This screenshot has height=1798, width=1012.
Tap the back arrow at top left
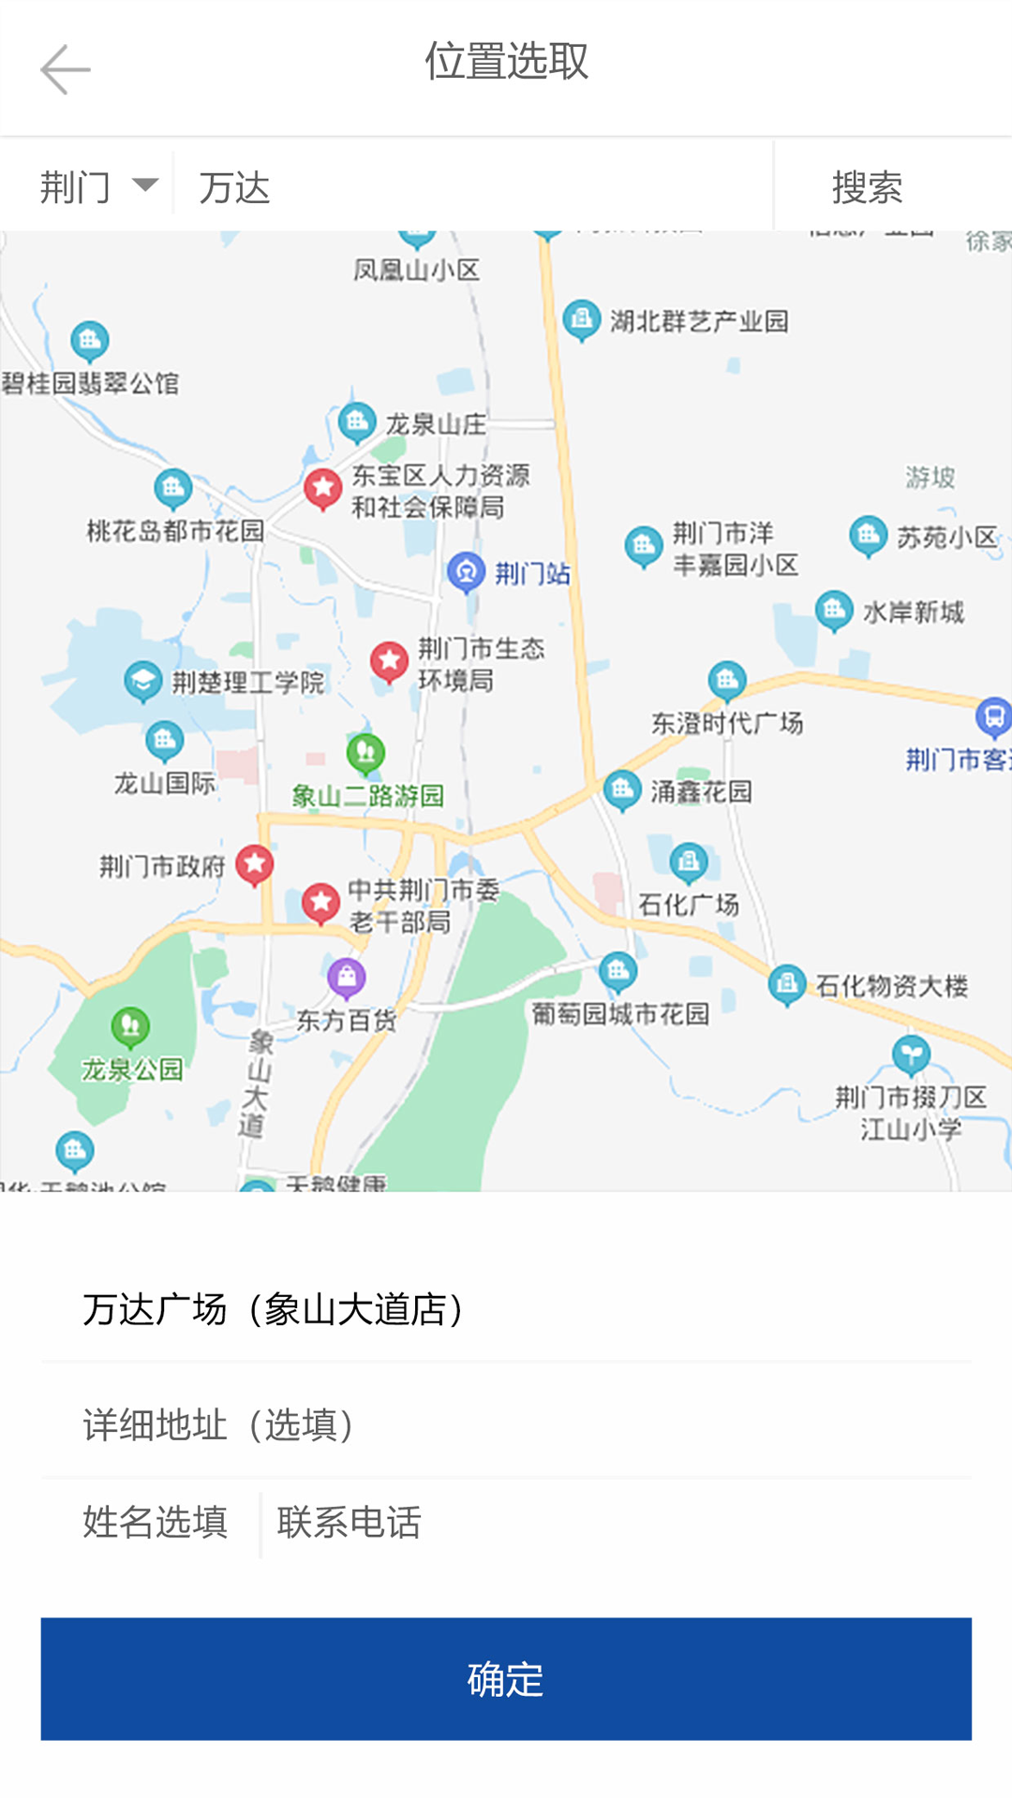coord(65,69)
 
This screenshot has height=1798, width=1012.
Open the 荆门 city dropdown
coord(97,186)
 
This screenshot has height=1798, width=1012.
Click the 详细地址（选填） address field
coord(506,1423)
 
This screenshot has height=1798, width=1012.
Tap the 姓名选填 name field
coord(156,1522)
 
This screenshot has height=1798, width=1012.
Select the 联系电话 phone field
coord(609,1522)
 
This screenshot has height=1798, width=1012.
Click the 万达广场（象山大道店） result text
coord(276,1308)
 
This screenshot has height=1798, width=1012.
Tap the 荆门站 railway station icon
coord(466,571)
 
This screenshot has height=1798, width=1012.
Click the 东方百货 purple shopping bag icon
coord(347,978)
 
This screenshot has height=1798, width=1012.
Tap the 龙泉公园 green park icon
coord(130,1026)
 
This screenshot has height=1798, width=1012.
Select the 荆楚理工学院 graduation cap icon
coord(143,680)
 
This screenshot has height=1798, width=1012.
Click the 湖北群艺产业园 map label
coord(699,321)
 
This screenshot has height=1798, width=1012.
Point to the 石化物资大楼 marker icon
coord(787,984)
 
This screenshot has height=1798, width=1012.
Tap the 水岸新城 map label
coord(913,612)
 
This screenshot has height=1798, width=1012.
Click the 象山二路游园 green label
coord(367,796)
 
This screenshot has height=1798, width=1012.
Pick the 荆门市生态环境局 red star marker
coord(389,661)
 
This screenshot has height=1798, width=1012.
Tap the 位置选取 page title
coord(506,62)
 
